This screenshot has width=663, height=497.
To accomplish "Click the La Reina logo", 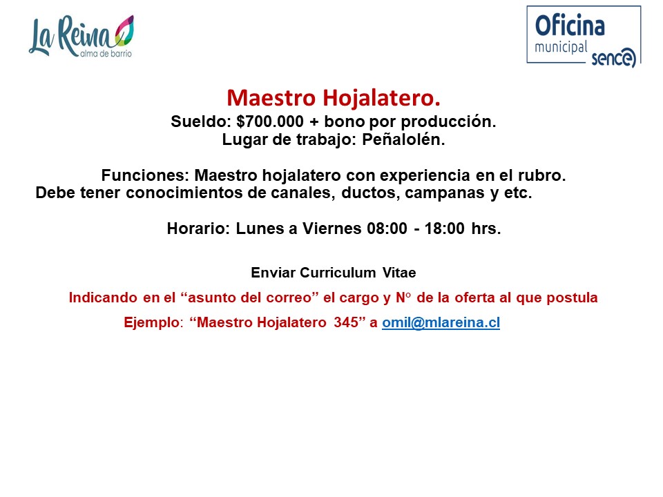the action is (81, 37).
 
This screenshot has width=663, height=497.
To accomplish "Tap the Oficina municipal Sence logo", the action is (584, 37).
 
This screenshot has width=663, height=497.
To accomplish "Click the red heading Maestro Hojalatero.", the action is (334, 97).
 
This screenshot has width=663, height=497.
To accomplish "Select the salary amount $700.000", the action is (270, 121).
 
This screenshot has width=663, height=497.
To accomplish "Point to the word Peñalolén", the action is (403, 139).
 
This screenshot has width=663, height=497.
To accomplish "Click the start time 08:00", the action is (387, 228).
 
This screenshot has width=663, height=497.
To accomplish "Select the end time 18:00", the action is (444, 228).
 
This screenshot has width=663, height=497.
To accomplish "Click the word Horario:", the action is (198, 228).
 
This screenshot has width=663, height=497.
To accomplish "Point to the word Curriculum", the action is (338, 273).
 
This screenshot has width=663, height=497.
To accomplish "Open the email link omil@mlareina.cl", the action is (441, 322).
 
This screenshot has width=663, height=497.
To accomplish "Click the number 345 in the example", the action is (346, 322).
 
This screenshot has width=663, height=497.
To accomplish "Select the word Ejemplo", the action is (152, 323).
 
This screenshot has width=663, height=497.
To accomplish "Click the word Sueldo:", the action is (201, 121).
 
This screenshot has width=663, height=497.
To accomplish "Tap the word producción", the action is (448, 122).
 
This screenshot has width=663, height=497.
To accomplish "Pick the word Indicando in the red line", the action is (103, 298).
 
